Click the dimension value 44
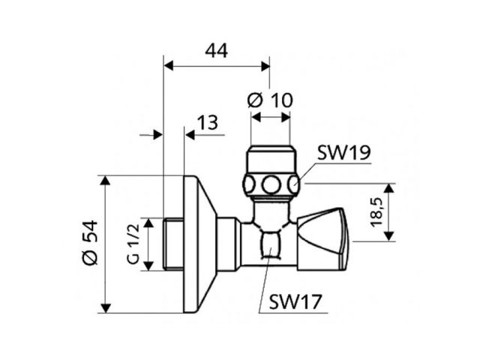(x=216, y=51)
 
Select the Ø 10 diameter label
(x=269, y=99)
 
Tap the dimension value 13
(x=209, y=123)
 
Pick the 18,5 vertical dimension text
(x=376, y=212)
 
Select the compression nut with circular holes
(x=271, y=183)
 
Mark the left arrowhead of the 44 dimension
(x=167, y=66)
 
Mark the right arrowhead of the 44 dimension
(x=265, y=66)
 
